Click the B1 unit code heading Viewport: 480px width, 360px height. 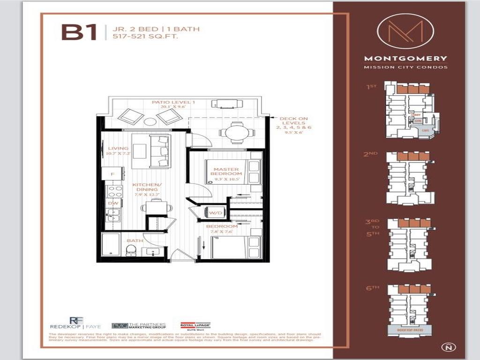click(79, 32)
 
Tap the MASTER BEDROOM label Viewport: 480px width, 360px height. click(226, 171)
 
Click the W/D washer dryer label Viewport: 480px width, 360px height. click(215, 213)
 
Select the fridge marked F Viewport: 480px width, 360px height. click(112, 174)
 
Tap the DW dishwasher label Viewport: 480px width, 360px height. click(112, 203)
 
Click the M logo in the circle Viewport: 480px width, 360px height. click(405, 31)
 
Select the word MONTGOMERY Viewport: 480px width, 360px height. click(405, 59)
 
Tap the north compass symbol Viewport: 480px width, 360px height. click(446, 347)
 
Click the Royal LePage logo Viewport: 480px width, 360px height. click(195, 325)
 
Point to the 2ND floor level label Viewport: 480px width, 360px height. click(370, 153)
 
